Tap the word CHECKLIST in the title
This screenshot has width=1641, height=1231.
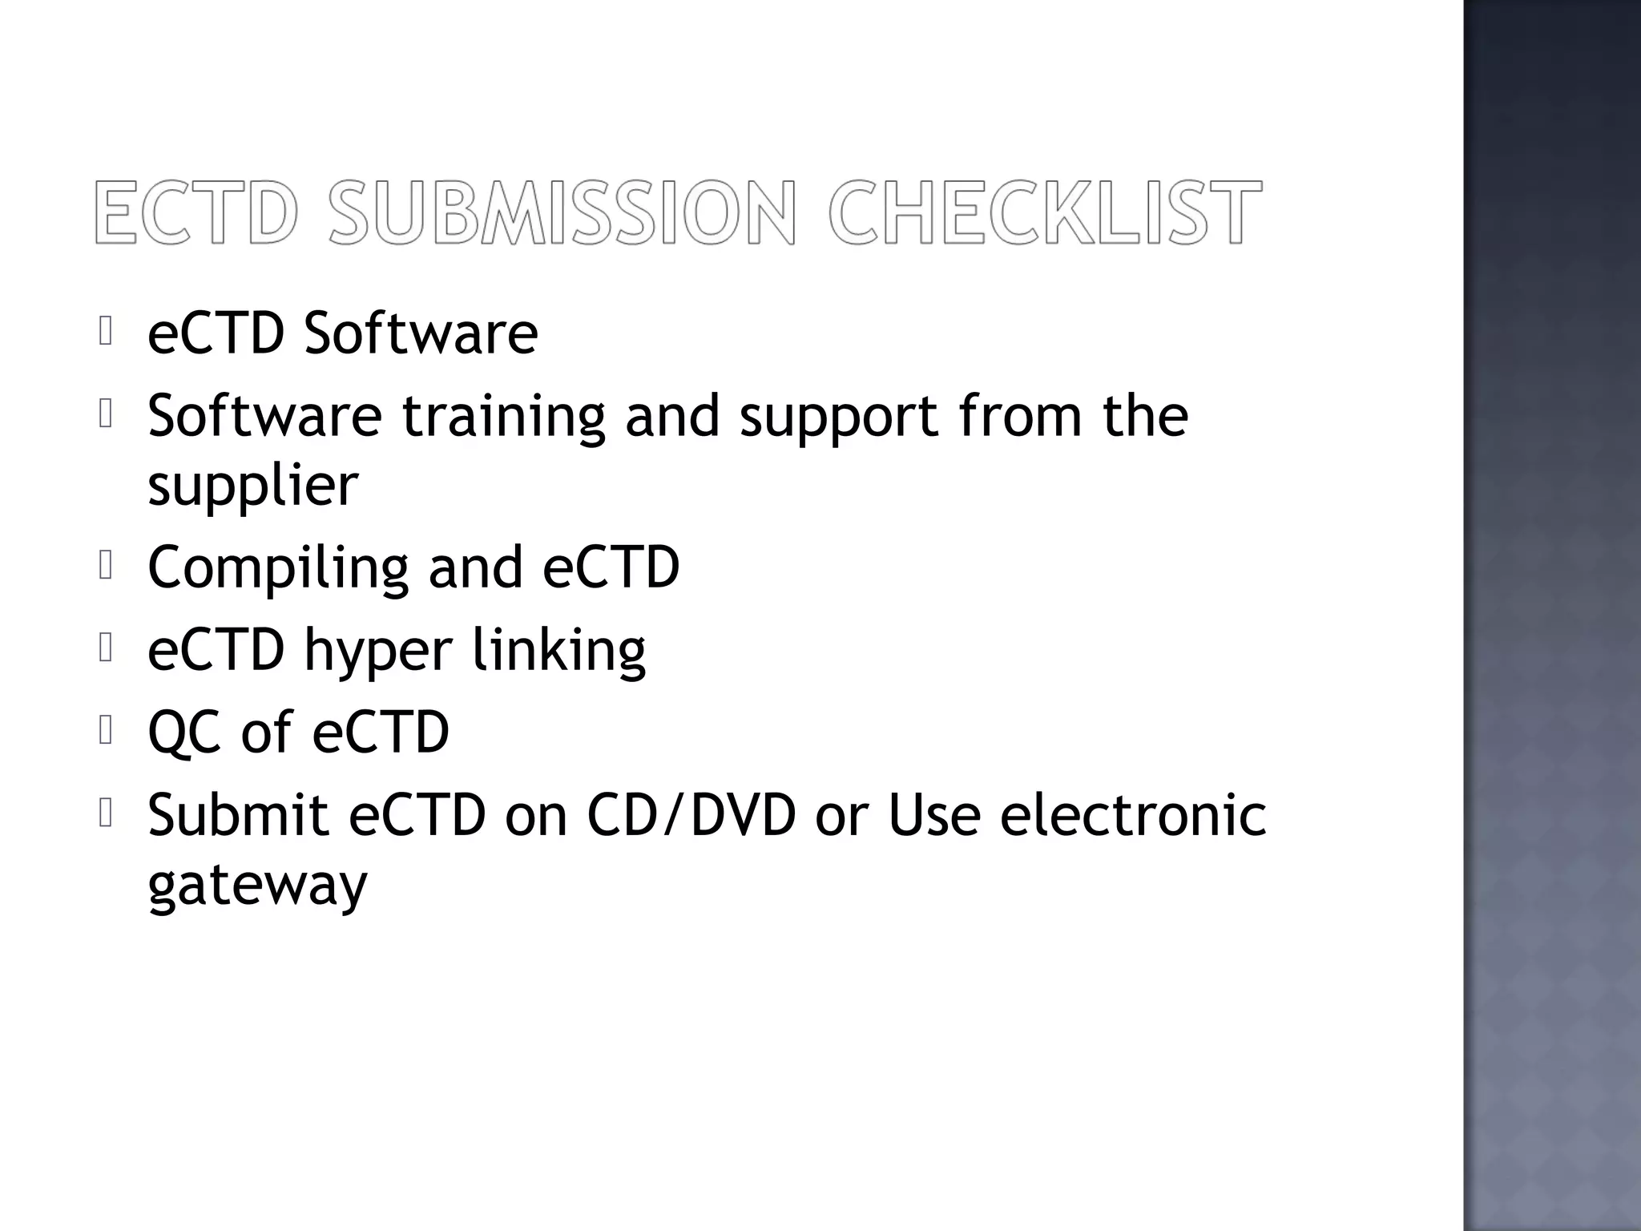(x=1045, y=212)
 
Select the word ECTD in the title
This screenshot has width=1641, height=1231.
(x=197, y=212)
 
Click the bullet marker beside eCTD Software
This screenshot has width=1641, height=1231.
(x=106, y=331)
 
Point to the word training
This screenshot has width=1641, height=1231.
(x=503, y=417)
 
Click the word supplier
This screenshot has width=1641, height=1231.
(x=252, y=486)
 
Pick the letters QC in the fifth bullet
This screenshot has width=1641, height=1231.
(x=184, y=733)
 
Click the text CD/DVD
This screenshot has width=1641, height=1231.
(x=691, y=815)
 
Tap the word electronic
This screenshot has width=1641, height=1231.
(x=1133, y=815)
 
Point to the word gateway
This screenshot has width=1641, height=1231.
(x=257, y=886)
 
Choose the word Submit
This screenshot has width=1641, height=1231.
(x=238, y=815)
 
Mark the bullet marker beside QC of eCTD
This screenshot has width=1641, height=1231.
(x=106, y=730)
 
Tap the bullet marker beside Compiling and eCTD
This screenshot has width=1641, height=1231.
(x=106, y=567)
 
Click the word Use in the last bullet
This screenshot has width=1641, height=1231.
(x=934, y=815)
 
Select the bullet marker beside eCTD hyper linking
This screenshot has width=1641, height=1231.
(x=106, y=648)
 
